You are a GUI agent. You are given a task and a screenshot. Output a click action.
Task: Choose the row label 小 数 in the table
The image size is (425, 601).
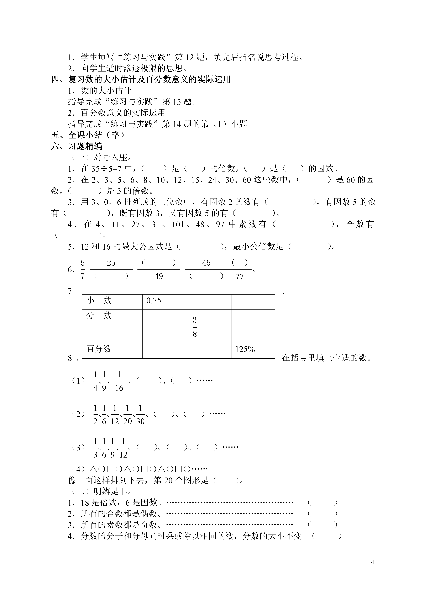pyautogui.click(x=99, y=300)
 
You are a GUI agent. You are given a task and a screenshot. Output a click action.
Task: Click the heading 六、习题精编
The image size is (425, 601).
pyautogui.click(x=77, y=146)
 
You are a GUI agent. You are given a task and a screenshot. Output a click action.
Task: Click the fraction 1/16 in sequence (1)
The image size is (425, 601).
pyautogui.click(x=119, y=381)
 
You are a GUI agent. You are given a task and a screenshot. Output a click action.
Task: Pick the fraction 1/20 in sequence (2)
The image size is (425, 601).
pyautogui.click(x=127, y=415)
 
